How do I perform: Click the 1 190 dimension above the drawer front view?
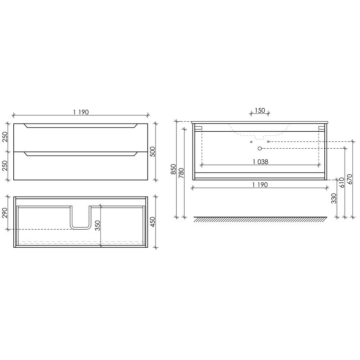[x=81, y=112]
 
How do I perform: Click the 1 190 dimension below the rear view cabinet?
[x=260, y=185]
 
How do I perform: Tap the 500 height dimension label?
[x=153, y=152]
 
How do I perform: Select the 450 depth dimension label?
[x=153, y=222]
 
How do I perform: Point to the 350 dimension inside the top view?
[x=98, y=225]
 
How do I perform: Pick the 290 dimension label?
[x=5, y=213]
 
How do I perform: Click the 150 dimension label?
[x=260, y=111]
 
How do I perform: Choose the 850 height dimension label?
[x=174, y=169]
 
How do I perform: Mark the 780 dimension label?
[x=181, y=173]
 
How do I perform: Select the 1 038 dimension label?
[x=260, y=162]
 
